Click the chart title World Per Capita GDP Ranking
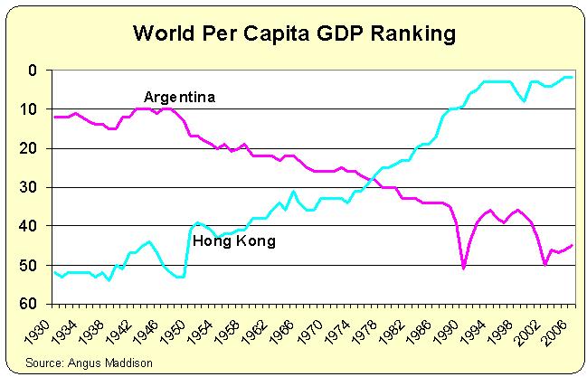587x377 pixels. click(x=293, y=34)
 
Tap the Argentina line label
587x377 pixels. click(x=179, y=96)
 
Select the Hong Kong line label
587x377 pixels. click(x=234, y=242)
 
